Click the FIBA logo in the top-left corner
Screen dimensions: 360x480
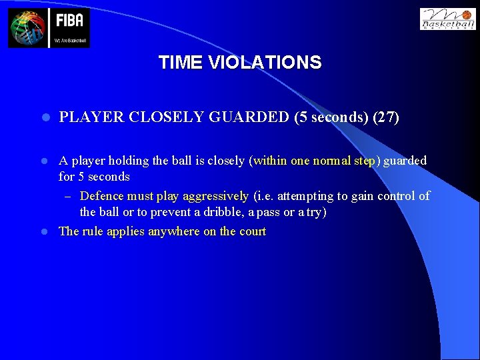49,28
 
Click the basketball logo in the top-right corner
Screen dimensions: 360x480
447,19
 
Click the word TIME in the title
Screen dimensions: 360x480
181,63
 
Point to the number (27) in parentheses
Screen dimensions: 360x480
386,118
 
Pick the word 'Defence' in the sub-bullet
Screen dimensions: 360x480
101,196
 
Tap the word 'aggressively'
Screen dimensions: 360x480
216,196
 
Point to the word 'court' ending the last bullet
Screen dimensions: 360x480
252,231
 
